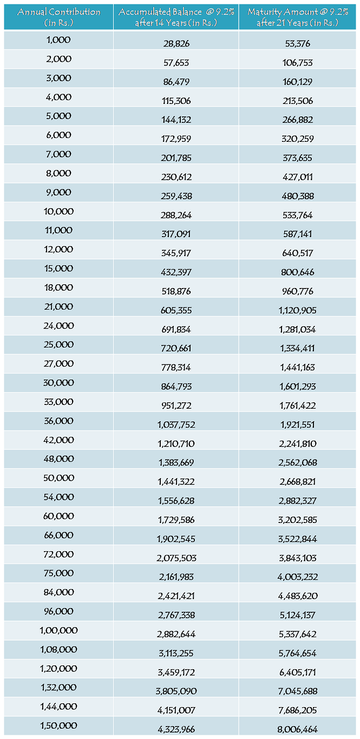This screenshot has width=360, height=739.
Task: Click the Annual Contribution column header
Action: click(x=58, y=16)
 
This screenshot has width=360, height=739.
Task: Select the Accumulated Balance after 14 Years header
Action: click(x=176, y=16)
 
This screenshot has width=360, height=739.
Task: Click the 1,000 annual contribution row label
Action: click(x=58, y=40)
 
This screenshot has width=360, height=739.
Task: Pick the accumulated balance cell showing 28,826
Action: click(x=176, y=44)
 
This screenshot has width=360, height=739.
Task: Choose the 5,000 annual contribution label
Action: click(x=58, y=116)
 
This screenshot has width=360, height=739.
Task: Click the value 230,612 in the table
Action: click(x=176, y=177)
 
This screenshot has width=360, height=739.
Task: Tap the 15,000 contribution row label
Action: click(x=58, y=269)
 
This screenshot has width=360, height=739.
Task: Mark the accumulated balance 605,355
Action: click(x=176, y=310)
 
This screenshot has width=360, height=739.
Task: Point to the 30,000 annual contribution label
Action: click(x=58, y=383)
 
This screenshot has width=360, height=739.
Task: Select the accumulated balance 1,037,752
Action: click(x=176, y=424)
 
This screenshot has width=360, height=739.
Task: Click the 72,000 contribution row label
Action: click(x=58, y=554)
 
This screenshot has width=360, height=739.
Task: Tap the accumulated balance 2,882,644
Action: click(x=176, y=634)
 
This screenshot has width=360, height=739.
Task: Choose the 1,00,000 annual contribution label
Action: click(x=58, y=630)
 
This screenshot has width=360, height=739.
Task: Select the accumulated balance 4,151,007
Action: click(x=176, y=710)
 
